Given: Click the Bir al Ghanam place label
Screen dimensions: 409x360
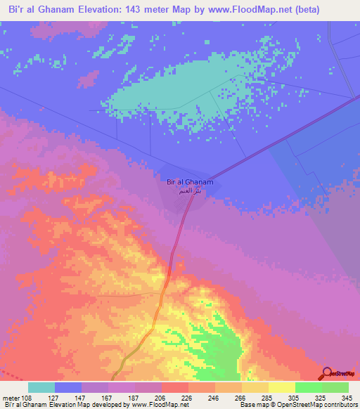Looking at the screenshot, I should click(190, 183).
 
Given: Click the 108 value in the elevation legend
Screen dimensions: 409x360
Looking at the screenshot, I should click(27, 397).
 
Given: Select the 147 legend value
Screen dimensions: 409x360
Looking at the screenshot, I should click(82, 397).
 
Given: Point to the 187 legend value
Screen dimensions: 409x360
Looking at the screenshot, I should click(134, 397).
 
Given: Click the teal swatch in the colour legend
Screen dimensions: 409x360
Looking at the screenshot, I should click(41, 387).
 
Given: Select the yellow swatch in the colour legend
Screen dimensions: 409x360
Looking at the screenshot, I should click(281, 387).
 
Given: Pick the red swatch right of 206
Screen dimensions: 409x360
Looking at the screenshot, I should click(174, 387).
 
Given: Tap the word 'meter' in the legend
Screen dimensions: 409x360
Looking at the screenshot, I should click(11, 397).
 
